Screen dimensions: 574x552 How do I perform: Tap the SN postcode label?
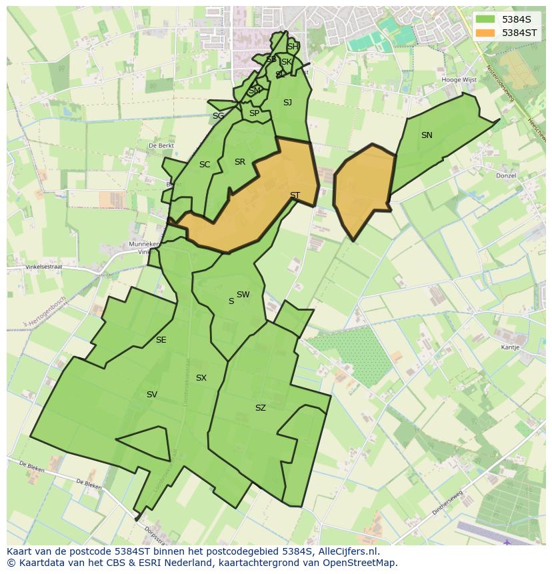[427, 135]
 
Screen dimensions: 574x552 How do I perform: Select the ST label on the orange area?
[295, 195]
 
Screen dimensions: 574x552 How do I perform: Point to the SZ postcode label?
[260, 408]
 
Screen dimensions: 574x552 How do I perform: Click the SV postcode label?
[152, 395]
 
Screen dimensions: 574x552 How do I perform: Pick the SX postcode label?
[201, 378]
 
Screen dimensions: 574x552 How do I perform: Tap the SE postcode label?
[161, 340]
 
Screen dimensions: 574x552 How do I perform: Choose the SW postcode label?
[243, 295]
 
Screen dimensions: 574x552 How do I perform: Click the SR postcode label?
[240, 162]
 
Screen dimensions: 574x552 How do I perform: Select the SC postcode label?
[205, 165]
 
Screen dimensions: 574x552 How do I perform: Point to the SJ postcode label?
[287, 103]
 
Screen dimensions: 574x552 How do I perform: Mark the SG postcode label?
[218, 116]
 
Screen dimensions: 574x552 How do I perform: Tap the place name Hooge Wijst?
[459, 80]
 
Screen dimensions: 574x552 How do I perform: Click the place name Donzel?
[506, 176]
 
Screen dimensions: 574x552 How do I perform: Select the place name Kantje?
[510, 347]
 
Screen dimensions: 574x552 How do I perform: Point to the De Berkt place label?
[161, 145]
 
